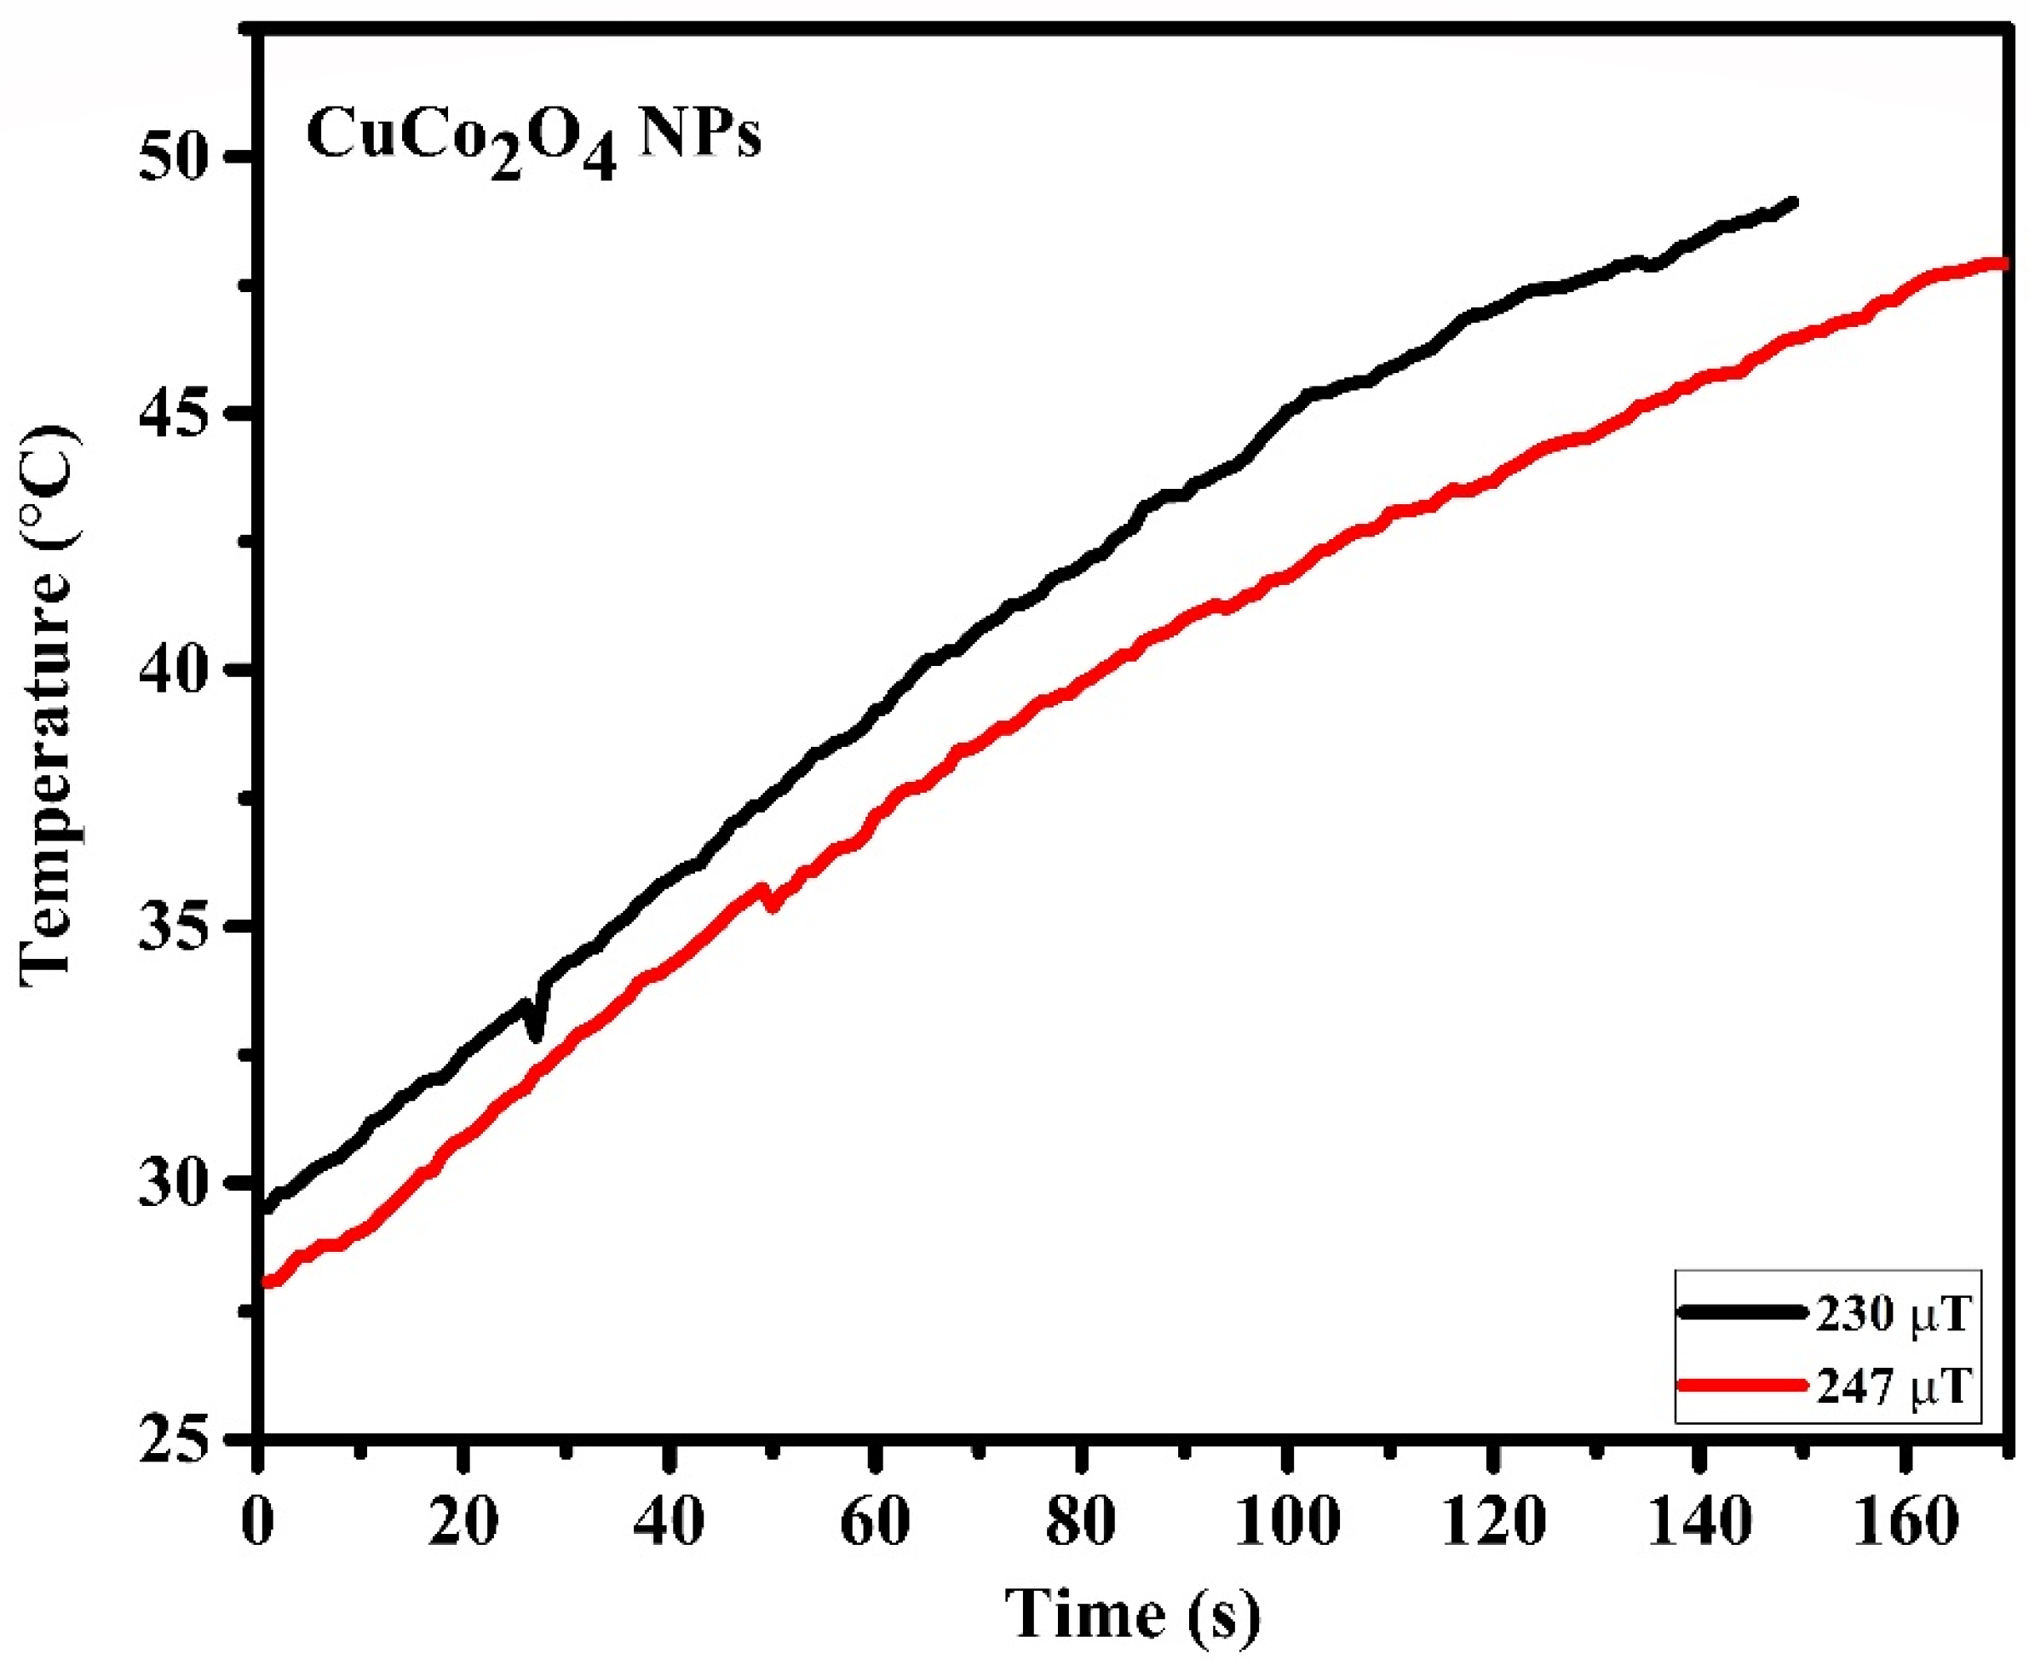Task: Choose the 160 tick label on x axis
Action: [x=1903, y=1524]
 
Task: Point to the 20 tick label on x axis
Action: [x=463, y=1524]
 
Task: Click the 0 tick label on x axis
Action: [x=258, y=1524]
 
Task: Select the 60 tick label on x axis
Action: [x=874, y=1524]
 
